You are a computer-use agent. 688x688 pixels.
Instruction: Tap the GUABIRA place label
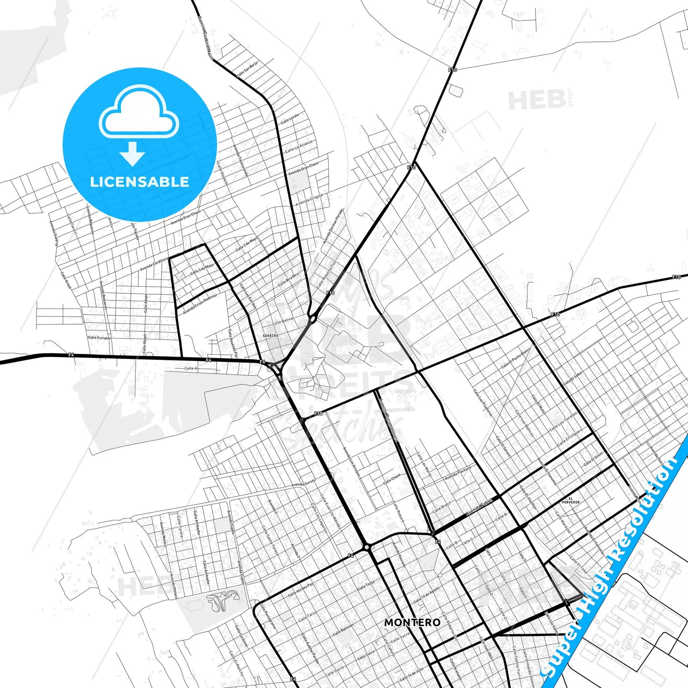point(270,336)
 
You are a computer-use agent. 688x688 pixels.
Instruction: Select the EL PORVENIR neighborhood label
point(564,500)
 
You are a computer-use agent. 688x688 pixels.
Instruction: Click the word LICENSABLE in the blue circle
point(140,181)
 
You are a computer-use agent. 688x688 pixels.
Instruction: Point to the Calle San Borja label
point(247,69)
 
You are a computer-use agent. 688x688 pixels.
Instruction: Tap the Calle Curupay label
point(99,338)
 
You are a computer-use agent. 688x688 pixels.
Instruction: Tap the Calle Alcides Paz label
point(300,590)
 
